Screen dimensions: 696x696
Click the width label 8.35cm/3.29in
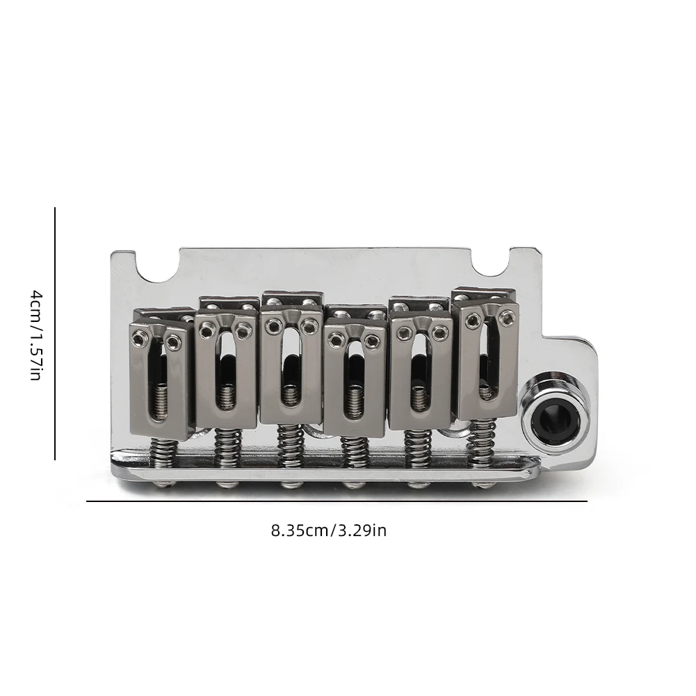[328, 531]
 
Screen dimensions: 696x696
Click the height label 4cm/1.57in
[35, 335]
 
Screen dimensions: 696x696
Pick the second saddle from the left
[225, 369]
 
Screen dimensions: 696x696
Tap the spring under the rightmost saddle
[482, 442]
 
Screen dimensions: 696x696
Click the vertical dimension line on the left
[55, 334]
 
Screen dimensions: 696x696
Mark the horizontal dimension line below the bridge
[337, 501]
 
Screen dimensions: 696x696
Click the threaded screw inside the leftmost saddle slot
[161, 404]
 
